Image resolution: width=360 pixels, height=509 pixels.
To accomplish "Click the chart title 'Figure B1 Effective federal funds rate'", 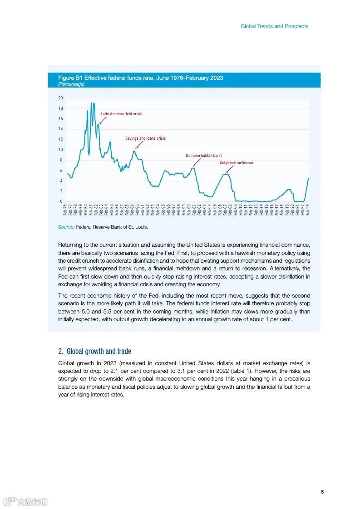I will click(x=140, y=78).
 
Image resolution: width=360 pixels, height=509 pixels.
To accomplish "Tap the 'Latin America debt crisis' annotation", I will click(x=121, y=114).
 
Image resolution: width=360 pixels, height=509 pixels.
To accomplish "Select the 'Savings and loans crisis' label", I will click(x=145, y=138).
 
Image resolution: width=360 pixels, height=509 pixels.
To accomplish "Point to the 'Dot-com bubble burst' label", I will click(x=203, y=156).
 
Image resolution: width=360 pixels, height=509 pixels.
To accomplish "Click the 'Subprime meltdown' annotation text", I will click(x=236, y=163).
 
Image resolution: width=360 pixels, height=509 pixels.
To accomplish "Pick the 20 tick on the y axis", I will click(x=60, y=98).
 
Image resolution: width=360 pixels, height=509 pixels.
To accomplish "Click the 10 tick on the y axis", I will click(x=60, y=150).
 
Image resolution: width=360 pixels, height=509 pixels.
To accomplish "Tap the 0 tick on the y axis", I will click(x=61, y=201).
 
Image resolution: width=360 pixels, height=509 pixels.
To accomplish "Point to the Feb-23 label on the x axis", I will click(x=308, y=210).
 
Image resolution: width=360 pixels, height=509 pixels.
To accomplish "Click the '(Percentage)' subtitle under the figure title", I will click(x=71, y=84).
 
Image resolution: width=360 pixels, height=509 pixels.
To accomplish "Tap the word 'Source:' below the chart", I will click(x=66, y=227).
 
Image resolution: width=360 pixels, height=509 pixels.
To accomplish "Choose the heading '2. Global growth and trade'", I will click(x=94, y=351).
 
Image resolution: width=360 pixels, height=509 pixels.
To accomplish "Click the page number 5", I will click(x=322, y=492).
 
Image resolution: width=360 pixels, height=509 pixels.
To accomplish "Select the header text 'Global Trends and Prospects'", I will click(x=274, y=26).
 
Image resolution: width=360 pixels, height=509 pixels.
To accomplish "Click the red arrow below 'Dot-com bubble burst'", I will click(x=196, y=162).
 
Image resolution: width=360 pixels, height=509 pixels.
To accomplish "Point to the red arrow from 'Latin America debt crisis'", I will click(x=103, y=121).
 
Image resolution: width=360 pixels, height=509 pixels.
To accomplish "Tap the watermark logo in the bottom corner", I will click(x=25, y=502).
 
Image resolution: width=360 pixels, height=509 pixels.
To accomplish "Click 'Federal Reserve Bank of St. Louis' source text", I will click(x=112, y=227).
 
